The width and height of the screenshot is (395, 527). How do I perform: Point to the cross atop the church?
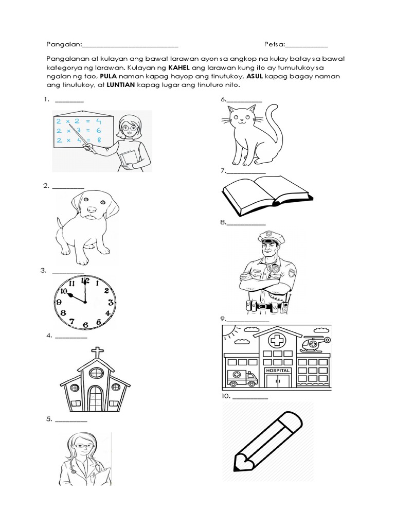coord(96,353)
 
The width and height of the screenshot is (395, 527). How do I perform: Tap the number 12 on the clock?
coord(85,281)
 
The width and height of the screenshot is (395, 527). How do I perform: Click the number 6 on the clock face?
coord(85,324)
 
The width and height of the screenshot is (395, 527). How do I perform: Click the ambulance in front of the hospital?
coord(243,378)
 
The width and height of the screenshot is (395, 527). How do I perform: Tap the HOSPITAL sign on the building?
coord(278,371)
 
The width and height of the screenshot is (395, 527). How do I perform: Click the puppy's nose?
coord(92,210)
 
